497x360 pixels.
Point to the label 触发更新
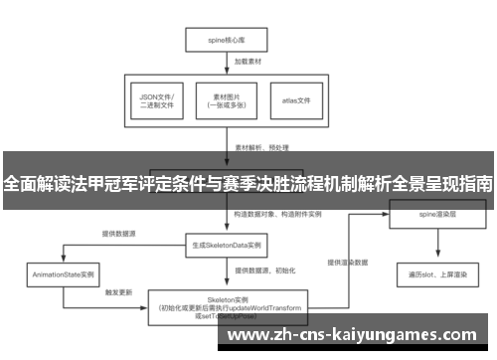[x=119, y=293]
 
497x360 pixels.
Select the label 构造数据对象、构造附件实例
[x=276, y=214]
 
